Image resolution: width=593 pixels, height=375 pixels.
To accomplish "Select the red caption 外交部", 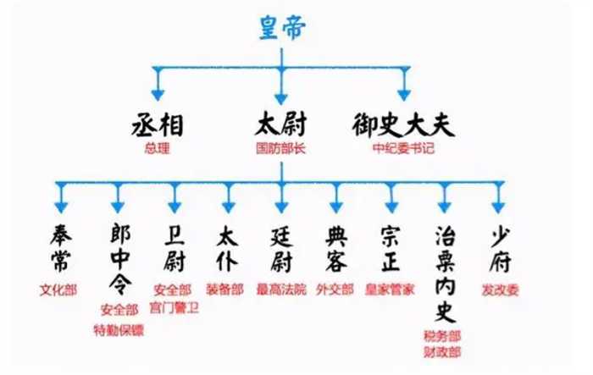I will [x=336, y=290].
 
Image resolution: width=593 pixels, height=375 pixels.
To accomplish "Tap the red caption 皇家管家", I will [x=391, y=290].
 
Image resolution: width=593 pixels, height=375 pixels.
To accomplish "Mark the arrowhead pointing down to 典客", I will [x=337, y=204].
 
